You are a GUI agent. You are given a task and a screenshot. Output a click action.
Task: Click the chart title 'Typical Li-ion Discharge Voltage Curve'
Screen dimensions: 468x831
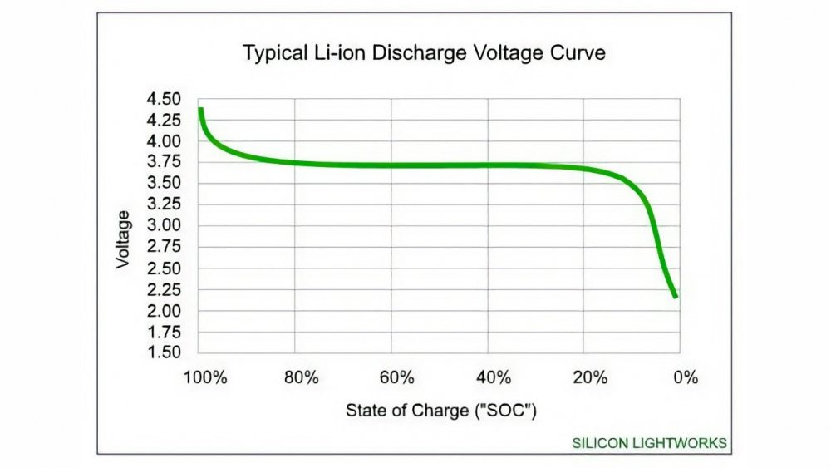[x=424, y=53]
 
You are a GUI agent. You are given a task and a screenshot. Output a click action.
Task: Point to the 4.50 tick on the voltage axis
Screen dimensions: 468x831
[x=164, y=99]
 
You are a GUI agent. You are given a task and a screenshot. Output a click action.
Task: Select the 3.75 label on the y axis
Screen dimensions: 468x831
[x=164, y=163]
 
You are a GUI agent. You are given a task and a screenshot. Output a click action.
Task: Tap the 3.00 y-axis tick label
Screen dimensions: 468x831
[x=164, y=226]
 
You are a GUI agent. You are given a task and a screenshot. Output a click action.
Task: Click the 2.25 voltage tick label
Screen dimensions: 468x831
[x=164, y=289]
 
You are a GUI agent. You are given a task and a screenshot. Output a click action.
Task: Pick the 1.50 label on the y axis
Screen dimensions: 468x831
[x=164, y=352]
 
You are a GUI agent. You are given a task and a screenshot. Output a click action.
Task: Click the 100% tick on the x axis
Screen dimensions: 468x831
[x=205, y=377]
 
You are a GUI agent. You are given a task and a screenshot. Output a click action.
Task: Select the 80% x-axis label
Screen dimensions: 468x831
[x=301, y=377]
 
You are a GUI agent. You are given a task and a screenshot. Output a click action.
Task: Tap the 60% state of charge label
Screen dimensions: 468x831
[x=397, y=377]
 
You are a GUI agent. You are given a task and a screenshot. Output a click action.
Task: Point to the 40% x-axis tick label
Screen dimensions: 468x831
[x=494, y=377]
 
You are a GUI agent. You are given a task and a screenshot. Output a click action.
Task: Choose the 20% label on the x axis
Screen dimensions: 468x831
[x=589, y=377]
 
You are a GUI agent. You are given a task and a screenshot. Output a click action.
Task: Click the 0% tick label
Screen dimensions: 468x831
[x=686, y=377]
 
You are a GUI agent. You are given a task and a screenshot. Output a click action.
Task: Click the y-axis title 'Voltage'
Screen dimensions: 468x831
[x=123, y=239]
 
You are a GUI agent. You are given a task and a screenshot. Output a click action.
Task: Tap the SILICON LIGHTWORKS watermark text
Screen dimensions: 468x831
[x=649, y=443]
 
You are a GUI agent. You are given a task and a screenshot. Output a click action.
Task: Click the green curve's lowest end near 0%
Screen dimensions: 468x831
[x=676, y=295]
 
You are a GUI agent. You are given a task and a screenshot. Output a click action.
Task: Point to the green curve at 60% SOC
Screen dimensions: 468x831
[x=392, y=165]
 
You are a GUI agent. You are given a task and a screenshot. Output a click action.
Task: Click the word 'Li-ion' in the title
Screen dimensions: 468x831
[x=345, y=53]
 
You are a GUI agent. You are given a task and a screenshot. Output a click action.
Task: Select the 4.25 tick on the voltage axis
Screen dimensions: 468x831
[x=164, y=121]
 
